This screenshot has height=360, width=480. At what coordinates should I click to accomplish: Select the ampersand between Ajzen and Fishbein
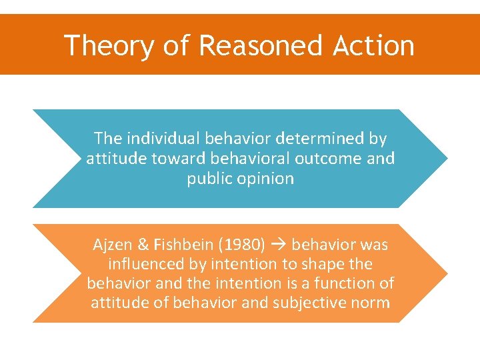(x=143, y=245)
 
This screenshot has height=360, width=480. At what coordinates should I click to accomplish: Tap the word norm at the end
(x=371, y=303)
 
